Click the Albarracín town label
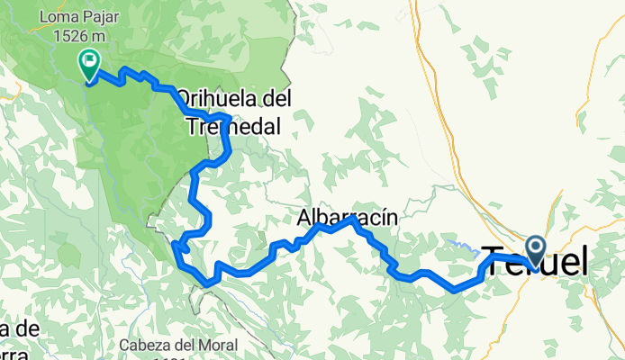pyautogui.click(x=347, y=218)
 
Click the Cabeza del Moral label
pyautogui.click(x=177, y=345)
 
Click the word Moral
pyautogui.click(x=218, y=345)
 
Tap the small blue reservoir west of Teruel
pyautogui.click(x=463, y=243)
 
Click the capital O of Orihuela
pyautogui.click(x=184, y=96)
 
